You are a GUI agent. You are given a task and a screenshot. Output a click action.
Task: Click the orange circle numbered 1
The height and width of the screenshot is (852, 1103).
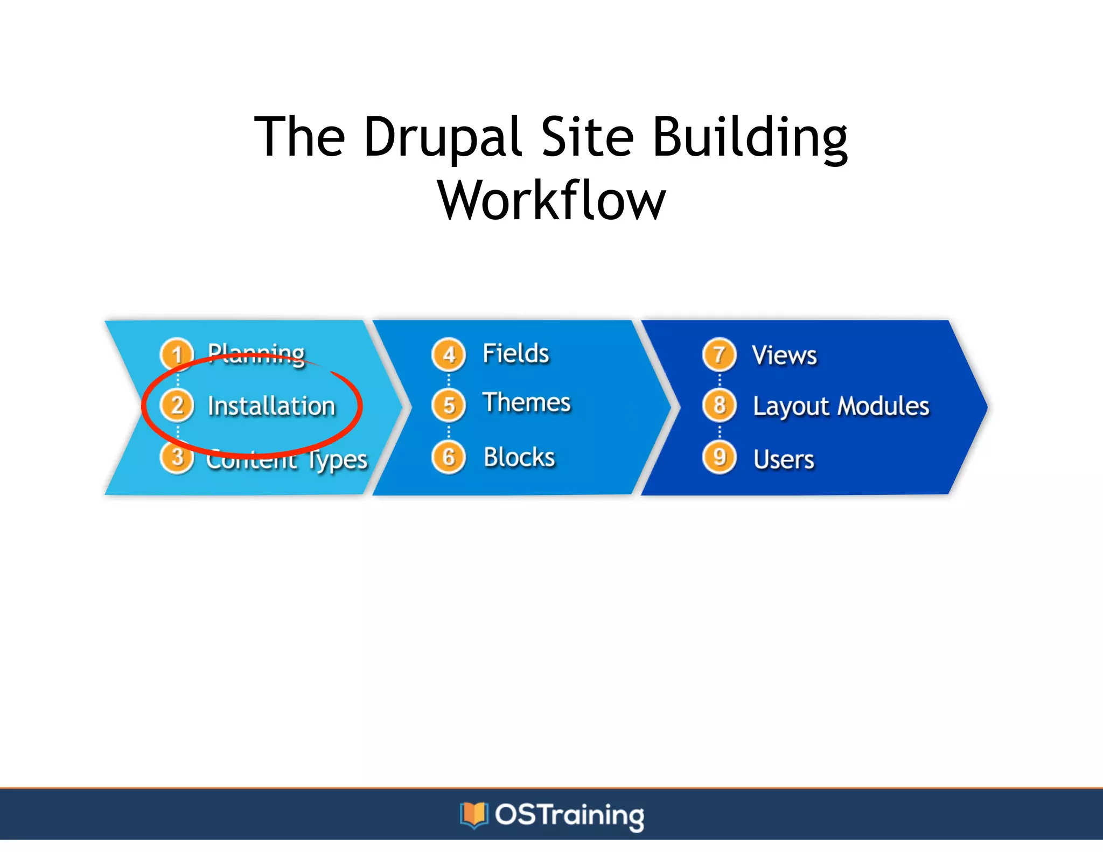point(177,354)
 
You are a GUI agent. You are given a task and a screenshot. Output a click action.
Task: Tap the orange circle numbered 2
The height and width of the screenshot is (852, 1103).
point(177,405)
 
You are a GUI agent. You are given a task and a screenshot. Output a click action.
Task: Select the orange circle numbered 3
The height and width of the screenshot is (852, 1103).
point(177,458)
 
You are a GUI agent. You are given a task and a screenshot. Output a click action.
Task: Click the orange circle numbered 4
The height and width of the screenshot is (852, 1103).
point(449,354)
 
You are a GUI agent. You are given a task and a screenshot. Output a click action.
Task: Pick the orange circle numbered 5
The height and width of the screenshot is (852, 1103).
point(449,405)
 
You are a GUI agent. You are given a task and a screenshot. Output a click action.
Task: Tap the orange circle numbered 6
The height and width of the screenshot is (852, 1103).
point(449,457)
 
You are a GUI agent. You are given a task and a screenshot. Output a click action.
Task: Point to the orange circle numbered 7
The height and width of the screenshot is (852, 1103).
point(719,354)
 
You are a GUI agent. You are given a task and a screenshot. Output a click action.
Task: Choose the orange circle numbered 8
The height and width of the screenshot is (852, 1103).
point(719,405)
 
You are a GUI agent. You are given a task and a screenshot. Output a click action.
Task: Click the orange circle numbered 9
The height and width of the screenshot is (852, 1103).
point(719,457)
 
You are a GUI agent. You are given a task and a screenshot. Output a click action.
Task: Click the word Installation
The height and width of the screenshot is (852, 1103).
point(271,406)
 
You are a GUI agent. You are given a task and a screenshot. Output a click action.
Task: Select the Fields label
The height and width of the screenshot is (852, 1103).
point(515,354)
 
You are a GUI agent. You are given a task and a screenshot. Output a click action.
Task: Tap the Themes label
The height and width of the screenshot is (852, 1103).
point(526,403)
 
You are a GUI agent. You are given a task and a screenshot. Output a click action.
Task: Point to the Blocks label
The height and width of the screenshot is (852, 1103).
point(519,457)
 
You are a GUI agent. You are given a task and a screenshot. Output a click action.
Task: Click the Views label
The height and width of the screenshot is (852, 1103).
point(784,355)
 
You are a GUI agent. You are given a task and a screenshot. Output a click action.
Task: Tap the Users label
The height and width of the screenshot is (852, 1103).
point(784,459)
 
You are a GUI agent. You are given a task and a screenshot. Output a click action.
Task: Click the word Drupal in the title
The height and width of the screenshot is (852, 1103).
point(443,137)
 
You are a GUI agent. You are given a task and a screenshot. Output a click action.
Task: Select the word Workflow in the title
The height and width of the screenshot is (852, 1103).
point(551,201)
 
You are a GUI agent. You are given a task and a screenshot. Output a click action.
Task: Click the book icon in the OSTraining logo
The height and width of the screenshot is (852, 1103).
point(473,815)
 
